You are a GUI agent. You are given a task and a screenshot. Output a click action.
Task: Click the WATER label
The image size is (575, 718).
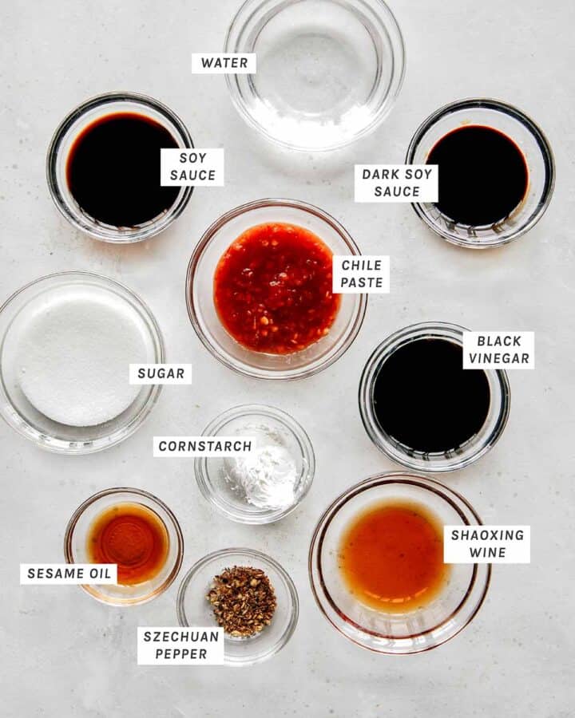[x=224, y=63]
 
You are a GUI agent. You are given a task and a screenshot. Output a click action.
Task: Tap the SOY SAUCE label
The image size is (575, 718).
[x=192, y=167]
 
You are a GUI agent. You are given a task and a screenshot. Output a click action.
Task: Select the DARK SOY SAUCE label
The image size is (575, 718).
[x=396, y=183]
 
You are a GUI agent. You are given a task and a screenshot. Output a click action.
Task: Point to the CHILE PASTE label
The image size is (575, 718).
[x=361, y=274]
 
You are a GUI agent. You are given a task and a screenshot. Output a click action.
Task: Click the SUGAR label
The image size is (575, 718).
[x=161, y=373]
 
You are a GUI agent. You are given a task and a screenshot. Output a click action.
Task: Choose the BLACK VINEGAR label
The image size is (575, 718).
[x=499, y=350]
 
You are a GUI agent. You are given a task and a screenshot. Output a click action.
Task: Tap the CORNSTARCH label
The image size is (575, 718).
[x=205, y=446]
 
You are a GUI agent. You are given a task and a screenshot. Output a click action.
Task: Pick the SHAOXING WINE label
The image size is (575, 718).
[x=487, y=544]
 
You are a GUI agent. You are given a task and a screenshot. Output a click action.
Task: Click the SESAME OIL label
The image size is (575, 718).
[x=69, y=574]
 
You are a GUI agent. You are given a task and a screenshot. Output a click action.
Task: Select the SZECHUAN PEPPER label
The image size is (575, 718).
[x=180, y=645]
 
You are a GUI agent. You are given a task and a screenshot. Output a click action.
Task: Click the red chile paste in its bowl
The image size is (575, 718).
[x=276, y=289]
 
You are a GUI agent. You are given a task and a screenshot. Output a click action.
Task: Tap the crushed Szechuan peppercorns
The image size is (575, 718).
[x=242, y=601]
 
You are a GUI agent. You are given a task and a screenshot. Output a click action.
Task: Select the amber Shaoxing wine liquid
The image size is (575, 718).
[x=395, y=555]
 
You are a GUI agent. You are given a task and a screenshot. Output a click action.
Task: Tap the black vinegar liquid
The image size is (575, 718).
[x=431, y=395]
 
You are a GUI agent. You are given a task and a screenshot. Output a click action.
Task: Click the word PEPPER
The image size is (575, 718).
[x=180, y=654]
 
